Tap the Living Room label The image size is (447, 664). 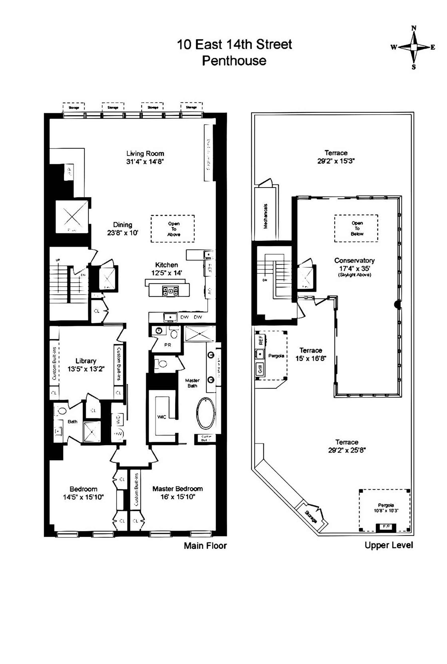point(145,153)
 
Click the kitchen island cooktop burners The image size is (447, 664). point(170,291)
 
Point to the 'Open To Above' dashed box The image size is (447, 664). point(173,229)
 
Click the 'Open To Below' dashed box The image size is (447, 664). point(356,228)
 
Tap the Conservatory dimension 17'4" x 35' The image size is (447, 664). point(354,268)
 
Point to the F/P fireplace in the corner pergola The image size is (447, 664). point(386,527)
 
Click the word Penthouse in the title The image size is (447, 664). point(234,61)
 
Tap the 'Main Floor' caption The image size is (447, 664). point(205,546)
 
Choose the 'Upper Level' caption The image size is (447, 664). point(389,545)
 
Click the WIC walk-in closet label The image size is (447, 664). point(162,417)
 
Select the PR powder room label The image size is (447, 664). point(168,345)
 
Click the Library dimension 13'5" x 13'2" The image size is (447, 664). point(86,369)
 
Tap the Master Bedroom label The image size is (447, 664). point(177,489)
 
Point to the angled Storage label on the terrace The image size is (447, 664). point(311,516)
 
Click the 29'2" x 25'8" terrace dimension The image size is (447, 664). point(347,450)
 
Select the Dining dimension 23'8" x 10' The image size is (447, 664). point(123,233)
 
